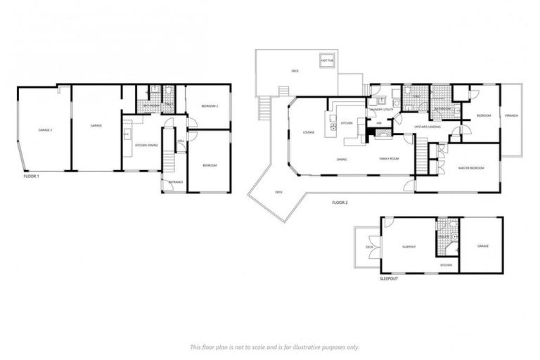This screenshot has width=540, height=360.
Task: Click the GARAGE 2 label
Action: (x=45, y=130)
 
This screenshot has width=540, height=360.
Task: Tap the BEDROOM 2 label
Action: (x=210, y=106)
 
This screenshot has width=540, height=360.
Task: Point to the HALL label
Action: (x=181, y=141)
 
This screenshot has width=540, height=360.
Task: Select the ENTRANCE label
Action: (x=176, y=182)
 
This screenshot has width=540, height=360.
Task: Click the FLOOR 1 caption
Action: (x=31, y=176)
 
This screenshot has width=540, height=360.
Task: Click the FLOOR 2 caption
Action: (x=340, y=202)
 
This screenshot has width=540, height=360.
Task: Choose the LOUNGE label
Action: (x=308, y=131)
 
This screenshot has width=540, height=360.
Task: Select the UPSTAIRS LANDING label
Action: (x=427, y=127)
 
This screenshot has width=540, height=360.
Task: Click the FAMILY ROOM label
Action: (x=390, y=159)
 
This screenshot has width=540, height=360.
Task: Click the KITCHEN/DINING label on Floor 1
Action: (x=146, y=145)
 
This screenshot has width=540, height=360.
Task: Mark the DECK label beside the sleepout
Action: (x=368, y=247)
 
